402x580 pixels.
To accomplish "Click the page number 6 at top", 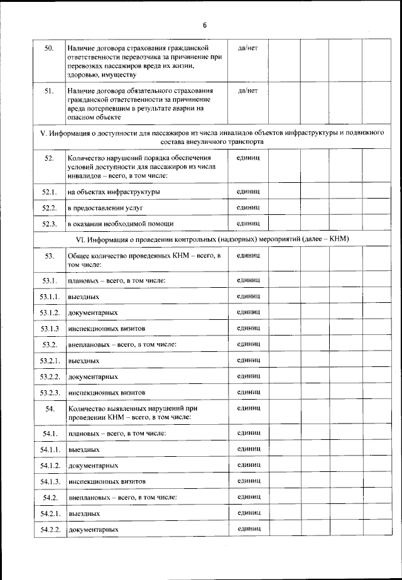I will coord(205,25).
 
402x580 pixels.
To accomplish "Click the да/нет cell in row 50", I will coord(249,48).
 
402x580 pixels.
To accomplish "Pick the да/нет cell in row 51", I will coord(249,90).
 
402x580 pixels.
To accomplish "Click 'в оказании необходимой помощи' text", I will coord(121,224).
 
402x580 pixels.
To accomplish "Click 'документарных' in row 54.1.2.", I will coord(94,466).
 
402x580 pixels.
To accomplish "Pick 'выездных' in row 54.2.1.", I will coord(84,514).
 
